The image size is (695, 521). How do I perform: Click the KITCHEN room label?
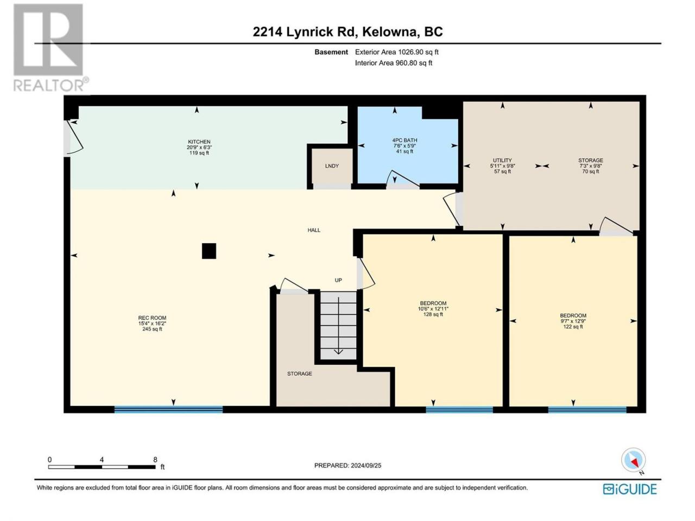point(199,142)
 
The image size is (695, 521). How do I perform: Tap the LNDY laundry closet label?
point(332,166)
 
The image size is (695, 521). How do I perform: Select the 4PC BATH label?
point(405,140)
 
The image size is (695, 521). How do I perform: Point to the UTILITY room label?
point(502,161)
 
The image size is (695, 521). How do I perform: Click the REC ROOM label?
point(152,318)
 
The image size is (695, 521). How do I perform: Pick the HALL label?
point(314,230)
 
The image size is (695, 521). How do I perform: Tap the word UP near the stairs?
point(338,280)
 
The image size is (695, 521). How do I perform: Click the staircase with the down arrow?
point(338,326)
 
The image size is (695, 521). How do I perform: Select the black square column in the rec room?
point(209,251)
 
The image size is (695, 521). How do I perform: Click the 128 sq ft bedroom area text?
point(433,314)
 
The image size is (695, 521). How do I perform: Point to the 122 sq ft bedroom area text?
point(573,327)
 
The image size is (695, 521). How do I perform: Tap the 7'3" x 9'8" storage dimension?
point(590,166)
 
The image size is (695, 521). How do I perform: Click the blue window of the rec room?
point(168,410)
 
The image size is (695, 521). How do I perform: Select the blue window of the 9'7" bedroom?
point(587,410)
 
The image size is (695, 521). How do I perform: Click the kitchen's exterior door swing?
point(75,138)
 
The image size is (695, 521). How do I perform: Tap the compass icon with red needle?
point(633,460)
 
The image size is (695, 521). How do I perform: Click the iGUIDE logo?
point(630,490)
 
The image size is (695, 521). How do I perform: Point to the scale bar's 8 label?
point(155,460)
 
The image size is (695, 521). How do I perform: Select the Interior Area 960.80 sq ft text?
point(394,63)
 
